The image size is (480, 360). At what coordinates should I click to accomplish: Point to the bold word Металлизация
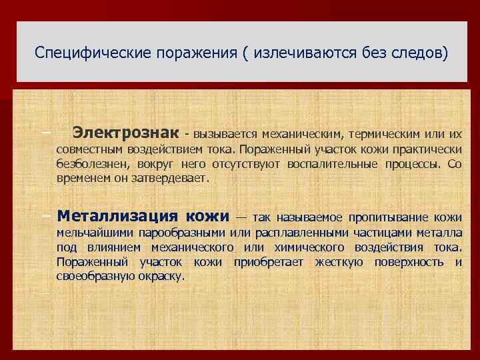(117, 217)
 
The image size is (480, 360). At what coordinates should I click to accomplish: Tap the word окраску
(162, 276)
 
